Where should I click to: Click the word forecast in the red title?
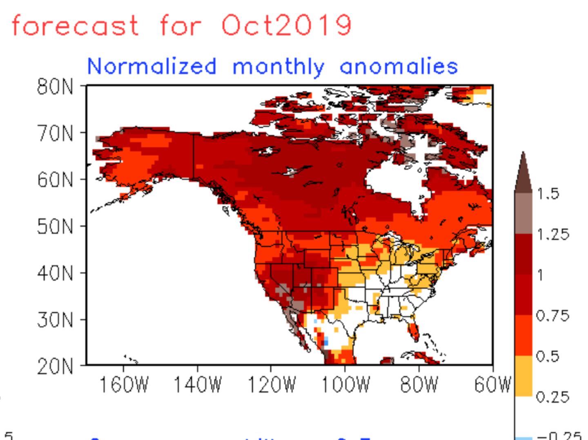coord(75,25)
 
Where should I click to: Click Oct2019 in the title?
coord(286,25)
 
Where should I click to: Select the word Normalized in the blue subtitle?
coord(151,66)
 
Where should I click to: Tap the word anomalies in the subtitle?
coord(399,66)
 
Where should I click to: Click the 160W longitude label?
coord(124,385)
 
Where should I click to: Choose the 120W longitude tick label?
coord(272,385)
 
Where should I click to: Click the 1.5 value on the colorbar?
coord(548,193)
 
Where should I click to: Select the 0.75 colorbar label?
coord(552,316)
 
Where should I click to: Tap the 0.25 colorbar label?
coord(552,397)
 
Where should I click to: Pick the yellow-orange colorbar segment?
coord(523,376)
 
